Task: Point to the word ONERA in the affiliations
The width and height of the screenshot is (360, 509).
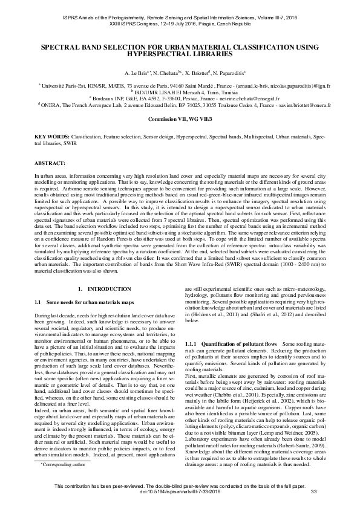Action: (51, 104)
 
